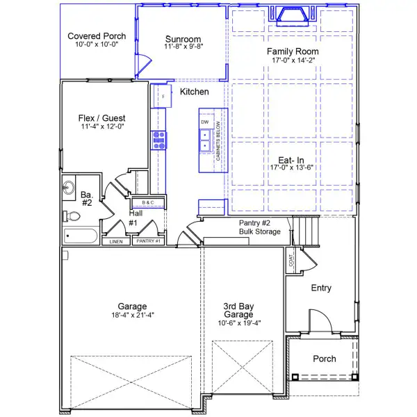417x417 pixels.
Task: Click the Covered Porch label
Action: click(97, 36)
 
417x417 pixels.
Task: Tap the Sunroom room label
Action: click(183, 39)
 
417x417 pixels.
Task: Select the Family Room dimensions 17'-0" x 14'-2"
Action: click(294, 60)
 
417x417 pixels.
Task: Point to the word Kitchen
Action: click(194, 92)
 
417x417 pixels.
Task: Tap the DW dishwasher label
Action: click(205, 122)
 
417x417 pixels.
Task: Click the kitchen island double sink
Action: click(205, 145)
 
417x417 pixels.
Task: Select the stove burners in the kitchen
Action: click(160, 140)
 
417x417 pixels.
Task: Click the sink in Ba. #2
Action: click(69, 188)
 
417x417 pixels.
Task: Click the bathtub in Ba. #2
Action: click(82, 236)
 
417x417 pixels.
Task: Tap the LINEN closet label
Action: click(116, 242)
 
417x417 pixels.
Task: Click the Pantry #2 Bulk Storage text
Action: click(260, 227)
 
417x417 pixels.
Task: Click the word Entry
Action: click(321, 288)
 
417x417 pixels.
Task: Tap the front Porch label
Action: click(325, 359)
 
